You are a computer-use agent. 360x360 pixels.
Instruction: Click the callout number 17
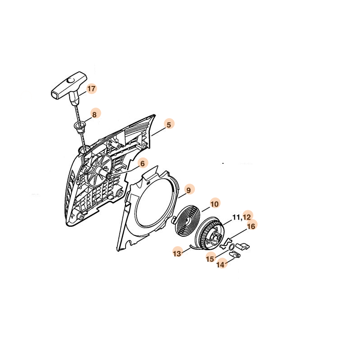[x=91, y=89]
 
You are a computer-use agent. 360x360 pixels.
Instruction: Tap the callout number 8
[x=94, y=114]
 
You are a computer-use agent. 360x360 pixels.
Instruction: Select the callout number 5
[x=169, y=125]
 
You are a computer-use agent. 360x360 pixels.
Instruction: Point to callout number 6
[x=143, y=163]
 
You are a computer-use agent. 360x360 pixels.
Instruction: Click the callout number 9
[x=189, y=190]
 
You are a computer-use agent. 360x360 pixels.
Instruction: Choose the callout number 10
[x=215, y=204]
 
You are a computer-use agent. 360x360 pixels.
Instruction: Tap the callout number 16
[x=251, y=226]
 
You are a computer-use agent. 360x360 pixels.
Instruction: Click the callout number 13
[x=177, y=254]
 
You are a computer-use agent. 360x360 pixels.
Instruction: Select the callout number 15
[x=210, y=259]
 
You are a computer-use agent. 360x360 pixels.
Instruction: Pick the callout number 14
[x=220, y=265]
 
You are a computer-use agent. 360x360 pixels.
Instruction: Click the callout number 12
[x=247, y=217]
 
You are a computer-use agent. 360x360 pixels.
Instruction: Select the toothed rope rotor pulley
[x=208, y=234]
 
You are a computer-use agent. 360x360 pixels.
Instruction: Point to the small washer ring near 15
[x=232, y=247]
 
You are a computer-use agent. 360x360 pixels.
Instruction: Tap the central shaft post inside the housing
[x=104, y=173]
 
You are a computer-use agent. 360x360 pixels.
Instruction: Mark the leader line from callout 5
[x=158, y=131]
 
